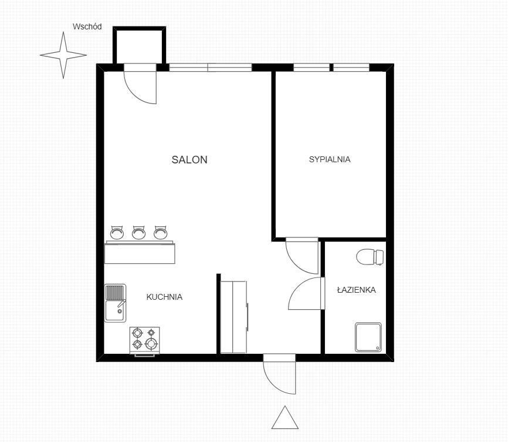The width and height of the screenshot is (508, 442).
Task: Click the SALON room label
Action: [189, 160]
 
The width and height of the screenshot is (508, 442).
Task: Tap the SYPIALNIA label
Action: [330, 159]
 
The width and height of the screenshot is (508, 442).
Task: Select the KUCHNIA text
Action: [164, 297]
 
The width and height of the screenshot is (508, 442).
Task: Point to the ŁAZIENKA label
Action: [357, 289]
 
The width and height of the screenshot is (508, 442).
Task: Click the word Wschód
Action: [87, 26]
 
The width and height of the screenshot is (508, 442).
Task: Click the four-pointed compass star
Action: [63, 55]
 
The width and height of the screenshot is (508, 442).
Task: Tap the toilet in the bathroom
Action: [370, 257]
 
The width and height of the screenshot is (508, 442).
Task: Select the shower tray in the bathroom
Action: [368, 337]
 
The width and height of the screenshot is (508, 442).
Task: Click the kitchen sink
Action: [116, 303]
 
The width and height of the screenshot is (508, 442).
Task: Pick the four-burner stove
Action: [144, 341]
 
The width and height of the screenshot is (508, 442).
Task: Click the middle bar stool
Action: [138, 233]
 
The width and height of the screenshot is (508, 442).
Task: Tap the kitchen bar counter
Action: [140, 253]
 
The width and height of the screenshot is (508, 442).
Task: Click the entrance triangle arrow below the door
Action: [285, 417]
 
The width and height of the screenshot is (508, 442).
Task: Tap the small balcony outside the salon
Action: [139, 45]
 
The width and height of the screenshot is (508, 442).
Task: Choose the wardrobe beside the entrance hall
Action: [233, 317]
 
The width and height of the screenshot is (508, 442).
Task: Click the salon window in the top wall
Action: [211, 68]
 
